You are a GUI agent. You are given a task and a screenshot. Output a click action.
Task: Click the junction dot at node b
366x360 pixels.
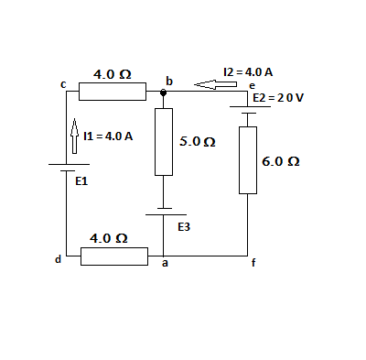164,92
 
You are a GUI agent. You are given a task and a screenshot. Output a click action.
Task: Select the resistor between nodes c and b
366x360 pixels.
113,92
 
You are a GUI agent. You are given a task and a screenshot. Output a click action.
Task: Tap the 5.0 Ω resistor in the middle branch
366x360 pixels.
164,142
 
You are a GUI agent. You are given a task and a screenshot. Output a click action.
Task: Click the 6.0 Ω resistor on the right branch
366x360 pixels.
248,160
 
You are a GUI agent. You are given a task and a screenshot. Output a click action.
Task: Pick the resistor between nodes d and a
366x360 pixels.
113,256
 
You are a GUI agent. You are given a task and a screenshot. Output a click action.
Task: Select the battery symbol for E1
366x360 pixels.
67,169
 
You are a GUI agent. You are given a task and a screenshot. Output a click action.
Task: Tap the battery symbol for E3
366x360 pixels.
164,212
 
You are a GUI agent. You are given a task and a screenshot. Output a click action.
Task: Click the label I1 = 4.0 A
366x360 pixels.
108,136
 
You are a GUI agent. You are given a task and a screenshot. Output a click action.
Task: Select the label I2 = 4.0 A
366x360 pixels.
248,71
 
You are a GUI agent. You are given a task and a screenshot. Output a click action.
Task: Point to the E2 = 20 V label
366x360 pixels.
277,96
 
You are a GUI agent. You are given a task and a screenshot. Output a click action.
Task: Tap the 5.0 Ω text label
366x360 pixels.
198,143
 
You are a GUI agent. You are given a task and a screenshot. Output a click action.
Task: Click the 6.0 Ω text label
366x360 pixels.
281,160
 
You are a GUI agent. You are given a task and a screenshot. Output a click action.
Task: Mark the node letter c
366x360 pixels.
63,84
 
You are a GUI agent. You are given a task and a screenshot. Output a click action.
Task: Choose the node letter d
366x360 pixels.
58,259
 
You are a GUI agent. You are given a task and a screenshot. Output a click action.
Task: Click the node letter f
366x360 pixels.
254,265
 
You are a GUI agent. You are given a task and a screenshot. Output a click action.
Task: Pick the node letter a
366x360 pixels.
165,265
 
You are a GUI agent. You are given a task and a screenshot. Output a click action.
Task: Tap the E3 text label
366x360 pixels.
183,225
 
